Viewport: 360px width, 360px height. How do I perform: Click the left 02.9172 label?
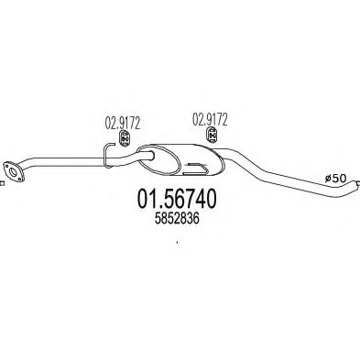click(115, 120)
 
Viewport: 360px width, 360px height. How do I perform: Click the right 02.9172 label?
click(209, 118)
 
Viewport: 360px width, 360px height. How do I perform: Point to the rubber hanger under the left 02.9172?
click(122, 138)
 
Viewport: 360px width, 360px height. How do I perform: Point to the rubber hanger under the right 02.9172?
click(211, 136)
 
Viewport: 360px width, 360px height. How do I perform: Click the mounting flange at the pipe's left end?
click(13, 168)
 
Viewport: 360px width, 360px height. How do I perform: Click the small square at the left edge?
click(2, 181)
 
